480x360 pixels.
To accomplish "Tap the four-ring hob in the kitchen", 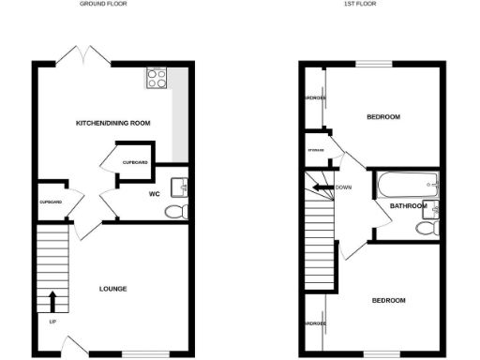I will pyautogui.click(x=156, y=78).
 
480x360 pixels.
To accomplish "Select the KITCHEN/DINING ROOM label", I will pyautogui.click(x=113, y=124).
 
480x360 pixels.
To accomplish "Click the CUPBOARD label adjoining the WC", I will pyautogui.click(x=135, y=163).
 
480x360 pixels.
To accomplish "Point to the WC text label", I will pyautogui.click(x=157, y=195).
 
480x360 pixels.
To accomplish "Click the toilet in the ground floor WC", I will pyautogui.click(x=174, y=213).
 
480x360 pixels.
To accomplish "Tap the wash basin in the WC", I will pyautogui.click(x=182, y=187).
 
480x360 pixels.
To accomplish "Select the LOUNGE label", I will pyautogui.click(x=112, y=288).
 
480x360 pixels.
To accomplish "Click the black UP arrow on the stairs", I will pyautogui.click(x=52, y=301).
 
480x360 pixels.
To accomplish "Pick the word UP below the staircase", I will pyautogui.click(x=52, y=322).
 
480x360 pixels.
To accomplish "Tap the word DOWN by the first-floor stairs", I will pyautogui.click(x=343, y=187).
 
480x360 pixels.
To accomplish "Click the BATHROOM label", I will pyautogui.click(x=409, y=206).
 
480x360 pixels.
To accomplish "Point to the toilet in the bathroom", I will pyautogui.click(x=428, y=228).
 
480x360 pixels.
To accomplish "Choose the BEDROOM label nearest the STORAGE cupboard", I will pyautogui.click(x=382, y=117).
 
